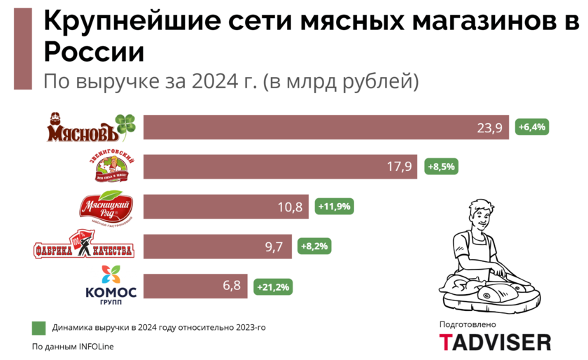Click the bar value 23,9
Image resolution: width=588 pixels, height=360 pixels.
click(x=489, y=127)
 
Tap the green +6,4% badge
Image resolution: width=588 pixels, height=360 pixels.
click(x=533, y=127)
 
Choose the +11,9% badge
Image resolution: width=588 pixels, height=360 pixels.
click(x=334, y=207)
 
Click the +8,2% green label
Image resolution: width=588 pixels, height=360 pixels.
click(x=314, y=247)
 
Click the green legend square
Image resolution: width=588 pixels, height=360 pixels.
click(x=38, y=327)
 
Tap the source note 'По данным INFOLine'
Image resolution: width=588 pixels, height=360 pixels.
click(x=73, y=347)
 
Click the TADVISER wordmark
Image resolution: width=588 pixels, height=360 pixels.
click(x=494, y=342)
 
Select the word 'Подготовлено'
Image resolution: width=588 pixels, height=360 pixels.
click(x=467, y=324)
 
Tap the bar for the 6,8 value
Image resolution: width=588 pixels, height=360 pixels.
click(x=196, y=286)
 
